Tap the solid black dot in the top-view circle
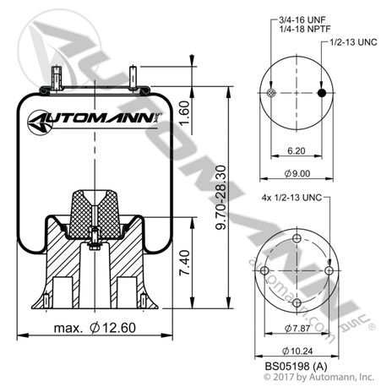pyautogui.click(x=323, y=93)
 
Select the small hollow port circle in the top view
pyautogui.click(x=271, y=93)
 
